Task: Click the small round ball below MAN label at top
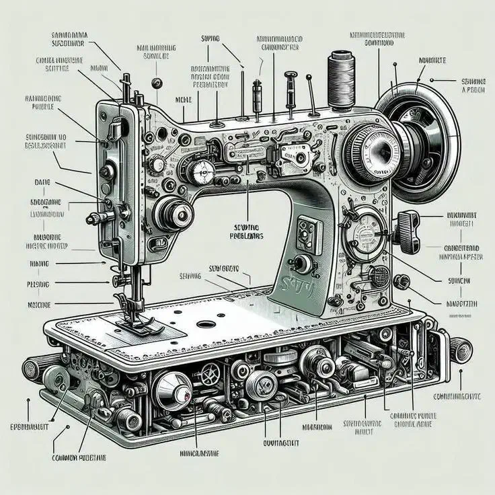[157, 83]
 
